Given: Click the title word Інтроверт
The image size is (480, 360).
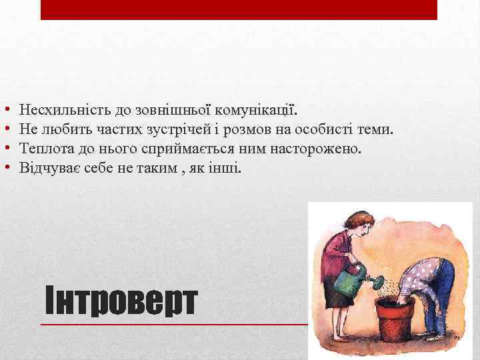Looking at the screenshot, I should (121, 302).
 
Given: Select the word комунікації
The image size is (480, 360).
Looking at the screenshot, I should (259, 109).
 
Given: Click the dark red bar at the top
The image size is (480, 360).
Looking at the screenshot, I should (239, 9).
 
